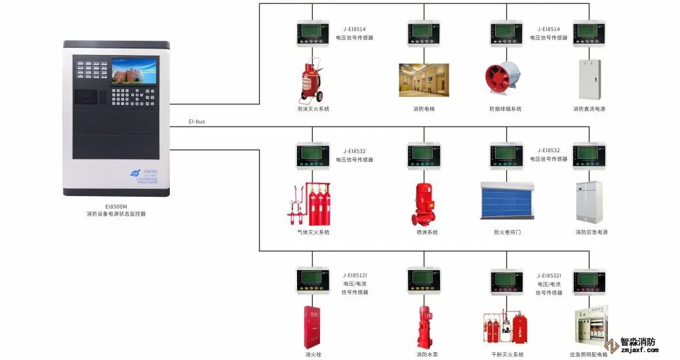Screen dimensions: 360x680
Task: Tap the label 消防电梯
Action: pyautogui.click(x=424, y=109)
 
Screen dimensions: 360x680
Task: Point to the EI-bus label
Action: pyautogui.click(x=197, y=122)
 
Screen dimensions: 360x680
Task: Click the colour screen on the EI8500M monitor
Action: pyautogui.click(x=134, y=71)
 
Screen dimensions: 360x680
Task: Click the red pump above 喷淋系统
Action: pyautogui.click(x=424, y=202)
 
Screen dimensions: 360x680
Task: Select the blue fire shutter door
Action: pyautogui.click(x=507, y=201)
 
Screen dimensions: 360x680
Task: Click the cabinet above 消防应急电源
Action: pyautogui.click(x=589, y=201)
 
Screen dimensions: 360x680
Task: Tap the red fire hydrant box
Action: pyautogui.click(x=312, y=325)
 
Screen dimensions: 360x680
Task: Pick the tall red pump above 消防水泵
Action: pyautogui.click(x=424, y=326)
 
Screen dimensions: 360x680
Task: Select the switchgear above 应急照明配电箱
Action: pyautogui.click(x=589, y=325)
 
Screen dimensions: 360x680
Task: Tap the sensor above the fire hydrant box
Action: pyautogui.click(x=312, y=280)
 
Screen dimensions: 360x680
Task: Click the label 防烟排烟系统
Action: pyautogui.click(x=506, y=109)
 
